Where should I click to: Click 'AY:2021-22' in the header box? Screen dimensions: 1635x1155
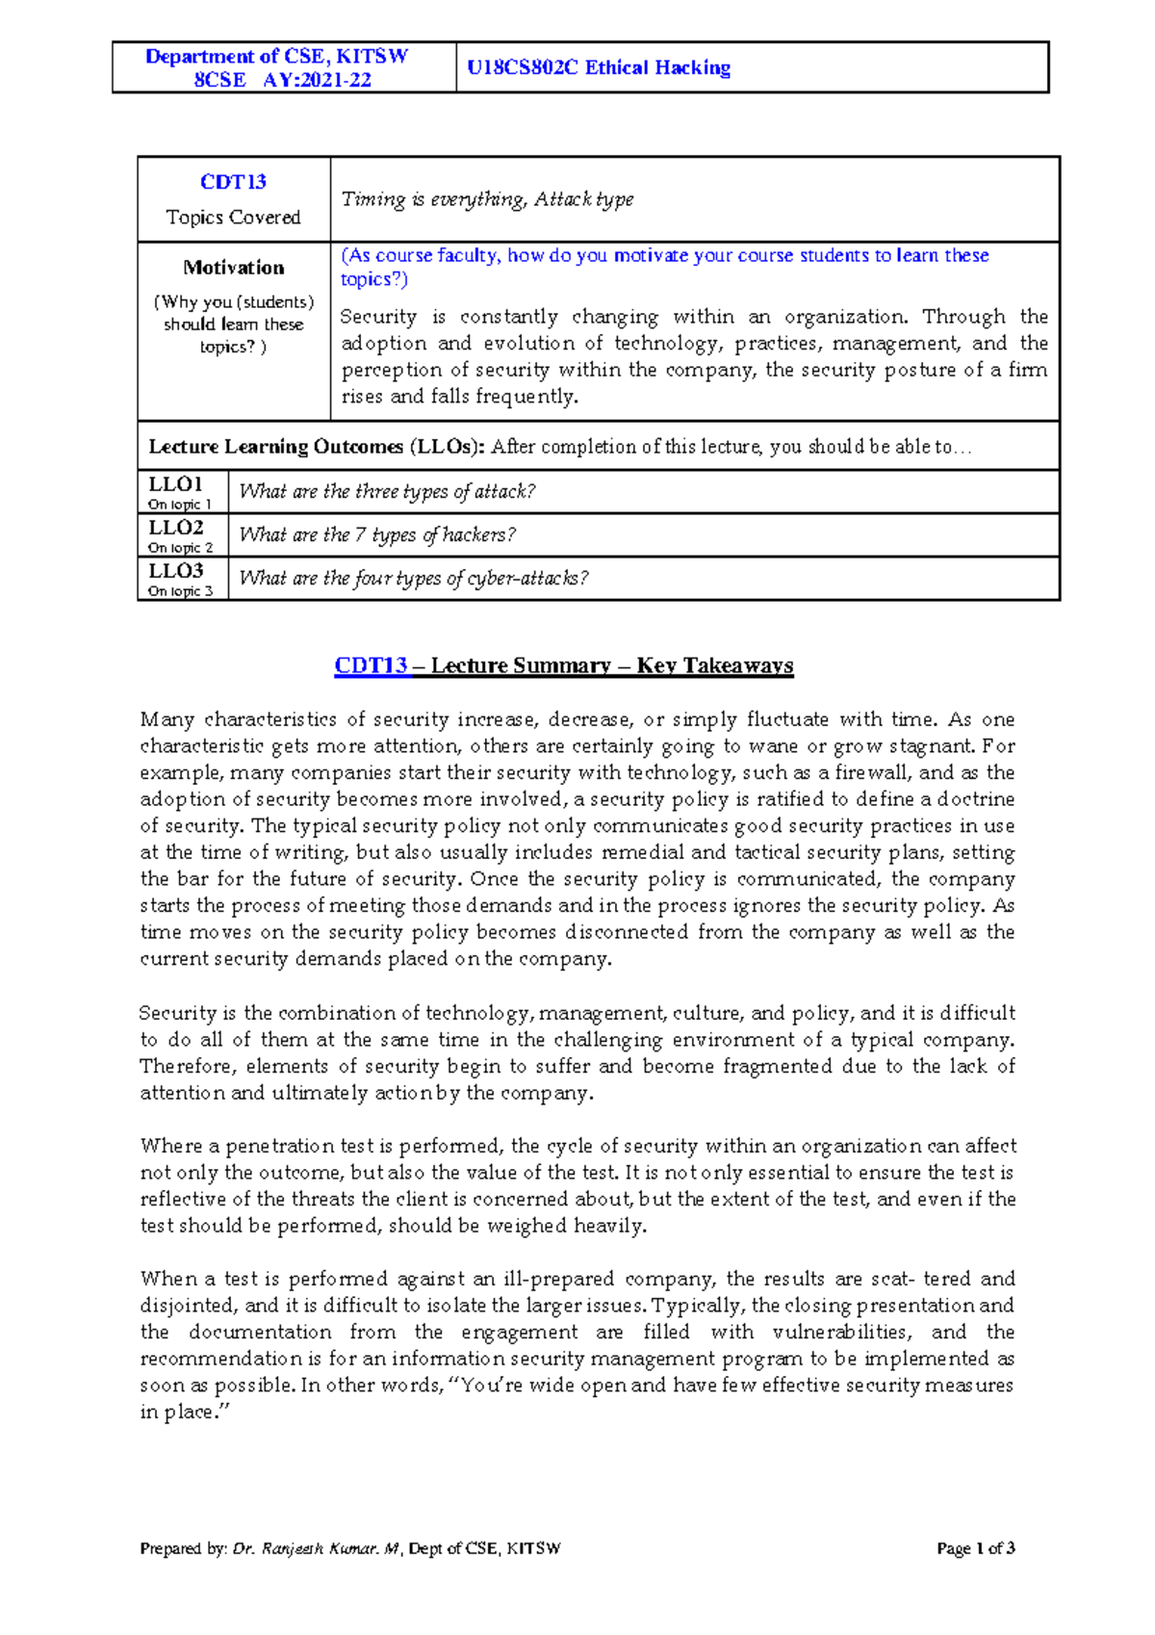317,80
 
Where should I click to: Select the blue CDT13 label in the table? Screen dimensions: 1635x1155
233,182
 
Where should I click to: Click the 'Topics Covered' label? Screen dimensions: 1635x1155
233,218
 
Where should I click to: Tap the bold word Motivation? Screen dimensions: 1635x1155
233,268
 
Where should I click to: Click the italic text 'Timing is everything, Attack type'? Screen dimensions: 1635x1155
487,199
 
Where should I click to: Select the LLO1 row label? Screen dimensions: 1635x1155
175,484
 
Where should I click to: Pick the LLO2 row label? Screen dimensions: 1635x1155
175,528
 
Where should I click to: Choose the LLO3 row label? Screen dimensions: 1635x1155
175,571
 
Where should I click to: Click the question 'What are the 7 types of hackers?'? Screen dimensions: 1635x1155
377,534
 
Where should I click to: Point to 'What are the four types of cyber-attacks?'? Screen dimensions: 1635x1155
413,578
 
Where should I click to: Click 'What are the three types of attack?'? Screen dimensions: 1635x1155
387,491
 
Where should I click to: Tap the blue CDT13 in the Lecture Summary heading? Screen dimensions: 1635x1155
371,665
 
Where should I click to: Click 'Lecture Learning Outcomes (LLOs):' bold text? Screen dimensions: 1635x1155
318,447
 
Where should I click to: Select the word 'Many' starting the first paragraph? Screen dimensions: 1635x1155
167,719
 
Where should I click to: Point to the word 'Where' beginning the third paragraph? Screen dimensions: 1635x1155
169,1146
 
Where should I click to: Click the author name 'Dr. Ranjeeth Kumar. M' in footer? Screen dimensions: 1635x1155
317,1548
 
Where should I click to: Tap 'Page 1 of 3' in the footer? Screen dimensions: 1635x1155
976,1548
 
